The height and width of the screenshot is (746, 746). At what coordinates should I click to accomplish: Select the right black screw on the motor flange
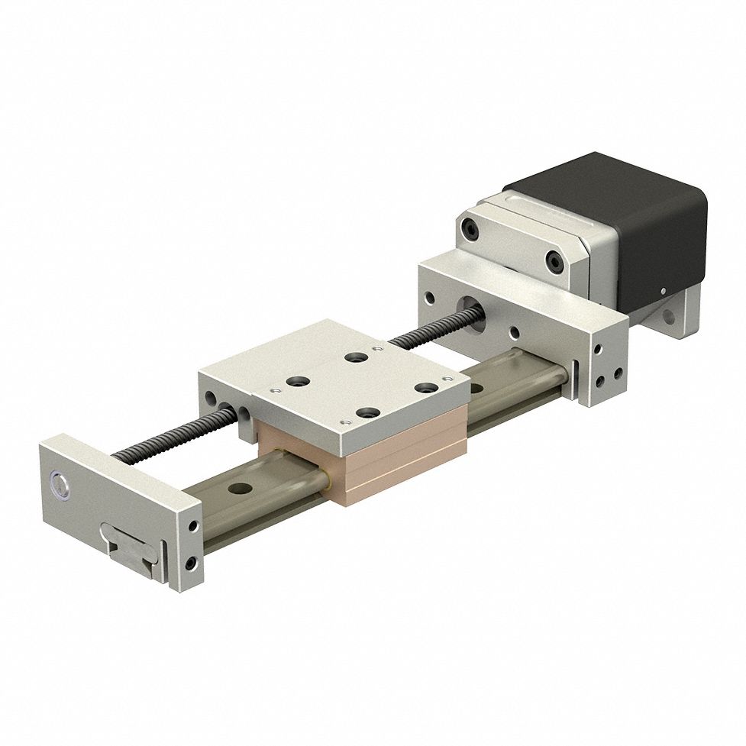pyautogui.click(x=554, y=261)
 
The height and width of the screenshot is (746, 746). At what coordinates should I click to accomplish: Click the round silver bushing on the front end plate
pyautogui.click(x=59, y=482)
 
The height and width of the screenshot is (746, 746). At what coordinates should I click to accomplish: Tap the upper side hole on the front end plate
pyautogui.click(x=191, y=526)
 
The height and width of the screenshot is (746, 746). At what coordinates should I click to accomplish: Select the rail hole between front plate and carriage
pyautogui.click(x=243, y=486)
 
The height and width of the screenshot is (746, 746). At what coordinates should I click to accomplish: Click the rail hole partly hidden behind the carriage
pyautogui.click(x=476, y=387)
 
